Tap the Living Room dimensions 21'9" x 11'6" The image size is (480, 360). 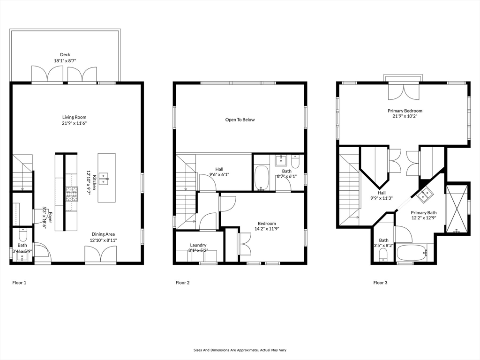pos(75,123)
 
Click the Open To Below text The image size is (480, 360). pos(240,120)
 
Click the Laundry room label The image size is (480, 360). pos(198,245)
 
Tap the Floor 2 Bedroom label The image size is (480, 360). pos(267,224)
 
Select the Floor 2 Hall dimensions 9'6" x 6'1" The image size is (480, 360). pos(219,175)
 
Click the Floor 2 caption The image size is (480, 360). pos(183,283)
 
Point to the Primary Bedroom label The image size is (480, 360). pos(405,111)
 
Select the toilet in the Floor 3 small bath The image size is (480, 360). pos(383,255)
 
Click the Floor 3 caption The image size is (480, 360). pos(380,283)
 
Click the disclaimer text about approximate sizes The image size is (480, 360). pos(240,350)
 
